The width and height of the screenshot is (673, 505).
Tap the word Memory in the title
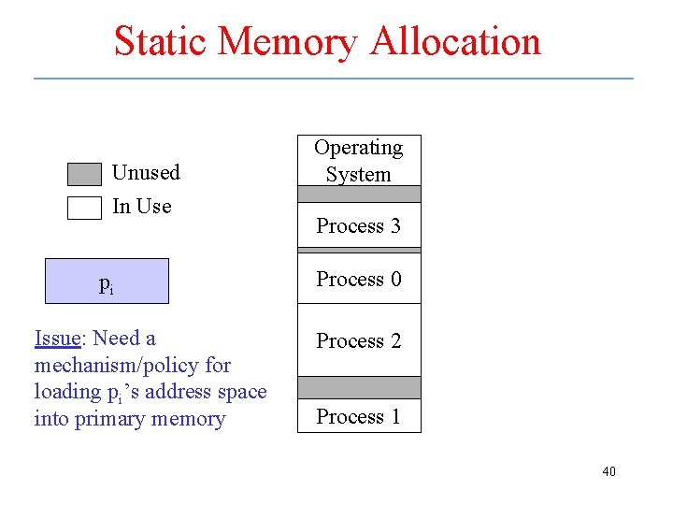pos(296,41)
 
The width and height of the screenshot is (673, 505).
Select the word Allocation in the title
pos(455,41)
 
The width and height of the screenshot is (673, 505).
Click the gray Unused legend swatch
pos(84,175)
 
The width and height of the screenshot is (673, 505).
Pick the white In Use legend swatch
pos(84,208)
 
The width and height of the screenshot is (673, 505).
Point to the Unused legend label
pos(146,173)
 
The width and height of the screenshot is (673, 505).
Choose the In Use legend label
pos(142,207)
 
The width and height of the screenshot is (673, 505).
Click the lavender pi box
pos(107,281)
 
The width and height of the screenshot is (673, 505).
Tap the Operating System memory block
pos(359,161)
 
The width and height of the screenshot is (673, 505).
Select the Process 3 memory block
pos(359,225)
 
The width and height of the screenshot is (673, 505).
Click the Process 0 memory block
pos(359,279)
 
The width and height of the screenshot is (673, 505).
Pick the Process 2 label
pos(359,341)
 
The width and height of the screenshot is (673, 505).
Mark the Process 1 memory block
pos(359,416)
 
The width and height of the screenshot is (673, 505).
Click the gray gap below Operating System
pos(359,195)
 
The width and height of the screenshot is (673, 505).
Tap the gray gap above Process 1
pos(359,388)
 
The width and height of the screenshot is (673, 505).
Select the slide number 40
pos(609,471)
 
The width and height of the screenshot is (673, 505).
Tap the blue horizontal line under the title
pos(334,79)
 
